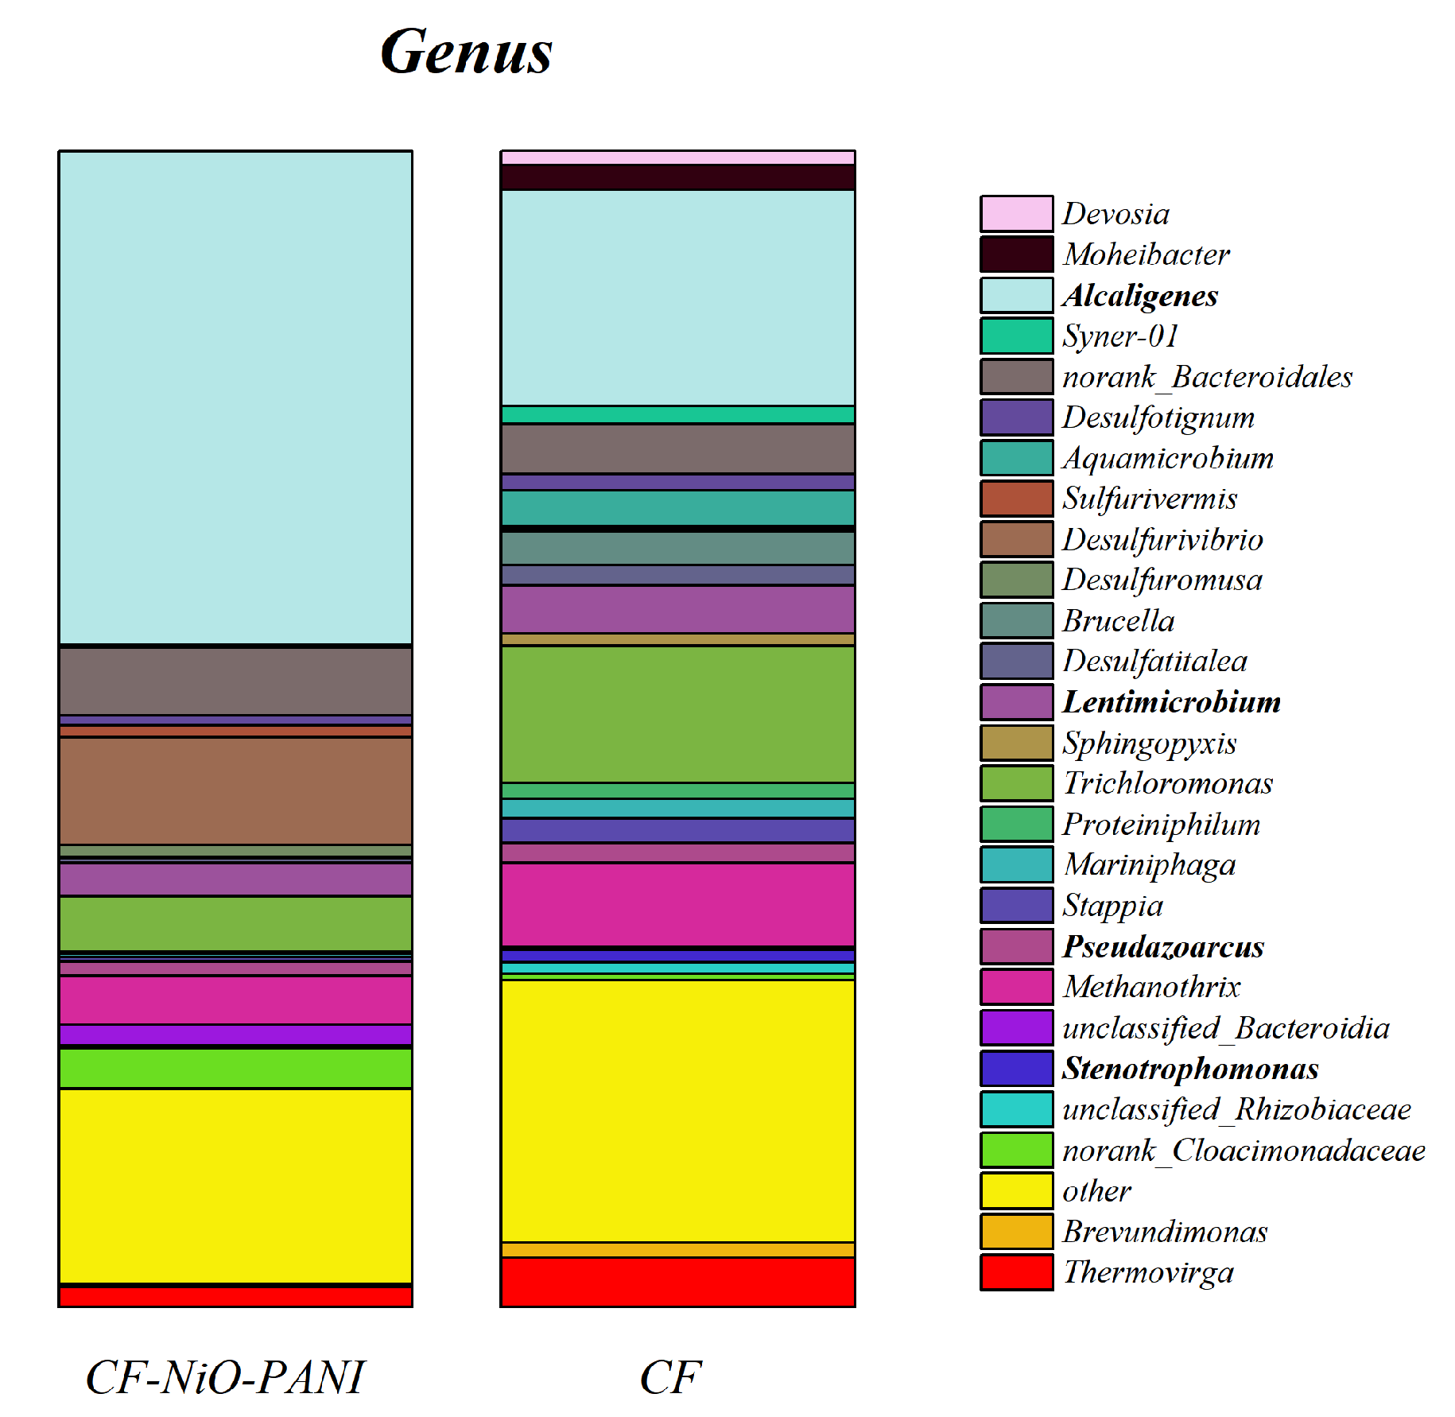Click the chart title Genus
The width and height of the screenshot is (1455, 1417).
coord(466,52)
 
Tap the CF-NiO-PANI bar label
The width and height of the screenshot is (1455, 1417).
coord(224,1377)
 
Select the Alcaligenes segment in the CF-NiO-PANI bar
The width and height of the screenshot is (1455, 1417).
coord(235,398)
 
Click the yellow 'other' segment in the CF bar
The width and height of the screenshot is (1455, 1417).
coord(677,1110)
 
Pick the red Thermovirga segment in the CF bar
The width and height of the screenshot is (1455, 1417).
coord(677,1281)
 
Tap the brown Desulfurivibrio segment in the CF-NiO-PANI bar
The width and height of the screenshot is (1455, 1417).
coord(235,790)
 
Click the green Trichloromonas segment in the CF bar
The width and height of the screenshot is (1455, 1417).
coord(677,714)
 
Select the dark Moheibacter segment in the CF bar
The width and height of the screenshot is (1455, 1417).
coord(677,177)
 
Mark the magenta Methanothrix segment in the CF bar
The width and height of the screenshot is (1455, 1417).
coord(677,904)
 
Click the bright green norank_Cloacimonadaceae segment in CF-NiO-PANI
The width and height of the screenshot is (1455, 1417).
coord(235,1068)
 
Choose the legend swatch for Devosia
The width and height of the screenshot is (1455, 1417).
coord(1016,214)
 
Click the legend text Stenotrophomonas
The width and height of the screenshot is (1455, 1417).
coord(1190,1069)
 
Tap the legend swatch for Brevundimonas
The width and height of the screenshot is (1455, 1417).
coord(1016,1232)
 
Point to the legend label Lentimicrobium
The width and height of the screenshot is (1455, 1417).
coord(1171,702)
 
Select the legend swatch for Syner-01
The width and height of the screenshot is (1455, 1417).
coord(1016,336)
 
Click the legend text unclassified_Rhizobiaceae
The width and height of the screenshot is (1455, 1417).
coord(1236,1109)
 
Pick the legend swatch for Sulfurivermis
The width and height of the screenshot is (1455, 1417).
coord(1016,499)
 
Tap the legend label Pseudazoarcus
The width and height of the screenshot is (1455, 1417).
coord(1163,946)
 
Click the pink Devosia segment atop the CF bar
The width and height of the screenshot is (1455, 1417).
coord(677,157)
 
